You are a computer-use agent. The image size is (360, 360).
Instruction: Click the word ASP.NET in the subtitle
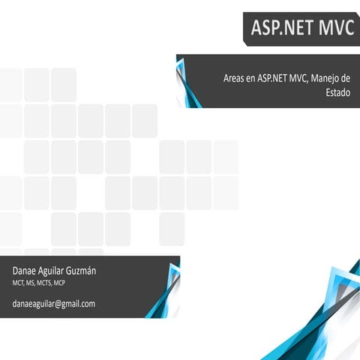click(272, 78)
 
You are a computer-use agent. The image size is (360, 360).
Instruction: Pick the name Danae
click(26, 269)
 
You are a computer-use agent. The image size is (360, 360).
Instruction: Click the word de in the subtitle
click(346, 78)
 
